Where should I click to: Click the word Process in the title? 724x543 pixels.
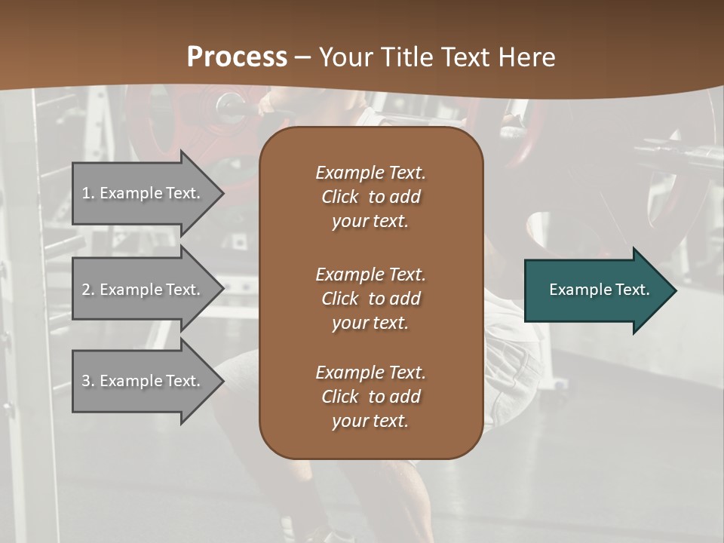237,57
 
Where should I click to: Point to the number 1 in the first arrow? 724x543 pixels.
86,193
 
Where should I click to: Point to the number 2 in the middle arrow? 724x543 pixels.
87,290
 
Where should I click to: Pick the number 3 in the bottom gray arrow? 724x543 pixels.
87,381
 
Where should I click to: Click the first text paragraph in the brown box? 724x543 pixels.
370,197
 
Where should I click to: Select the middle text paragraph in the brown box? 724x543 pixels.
370,299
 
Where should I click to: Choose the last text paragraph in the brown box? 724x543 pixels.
370,397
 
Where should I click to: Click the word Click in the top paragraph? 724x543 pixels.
339,198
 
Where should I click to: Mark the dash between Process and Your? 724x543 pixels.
302,57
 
